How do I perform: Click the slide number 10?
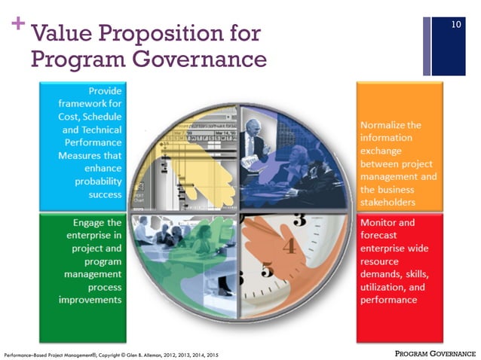coord(455,26)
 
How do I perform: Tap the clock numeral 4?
coord(286,246)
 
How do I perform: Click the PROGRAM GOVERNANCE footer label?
coord(436,352)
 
